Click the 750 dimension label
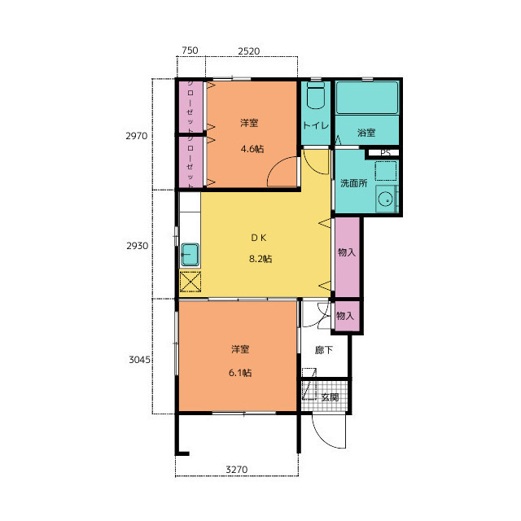point(190,50)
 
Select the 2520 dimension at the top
point(249,51)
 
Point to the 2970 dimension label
point(136,136)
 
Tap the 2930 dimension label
point(137,246)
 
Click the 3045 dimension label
point(139,360)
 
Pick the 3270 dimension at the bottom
point(237,470)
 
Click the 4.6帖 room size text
point(252,149)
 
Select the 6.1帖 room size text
point(240,373)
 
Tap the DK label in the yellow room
point(259,238)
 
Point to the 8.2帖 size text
point(260,259)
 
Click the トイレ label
point(316,125)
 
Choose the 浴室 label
point(366,133)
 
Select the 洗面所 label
point(353,183)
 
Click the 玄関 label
point(330,397)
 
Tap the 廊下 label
point(324,350)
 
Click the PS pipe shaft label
point(385,153)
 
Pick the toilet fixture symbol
point(316,95)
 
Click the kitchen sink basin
point(190,255)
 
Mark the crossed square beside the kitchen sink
point(190,282)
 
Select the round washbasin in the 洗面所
point(386,199)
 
